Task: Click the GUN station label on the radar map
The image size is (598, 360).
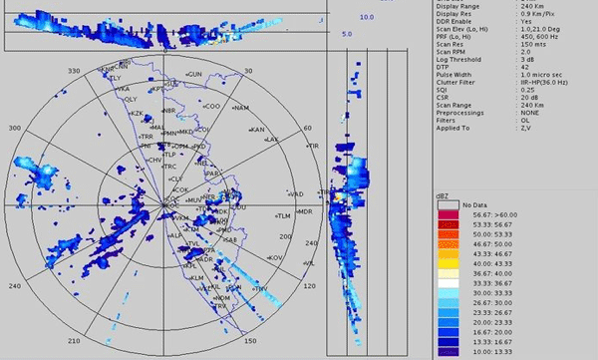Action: (x=194, y=75)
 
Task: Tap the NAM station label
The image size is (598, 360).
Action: (x=239, y=107)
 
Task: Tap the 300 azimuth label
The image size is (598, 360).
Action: (x=14, y=129)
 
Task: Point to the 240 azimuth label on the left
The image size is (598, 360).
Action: (x=14, y=286)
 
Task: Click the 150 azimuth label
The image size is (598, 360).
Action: (x=249, y=341)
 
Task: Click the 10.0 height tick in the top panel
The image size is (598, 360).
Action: (x=366, y=17)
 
